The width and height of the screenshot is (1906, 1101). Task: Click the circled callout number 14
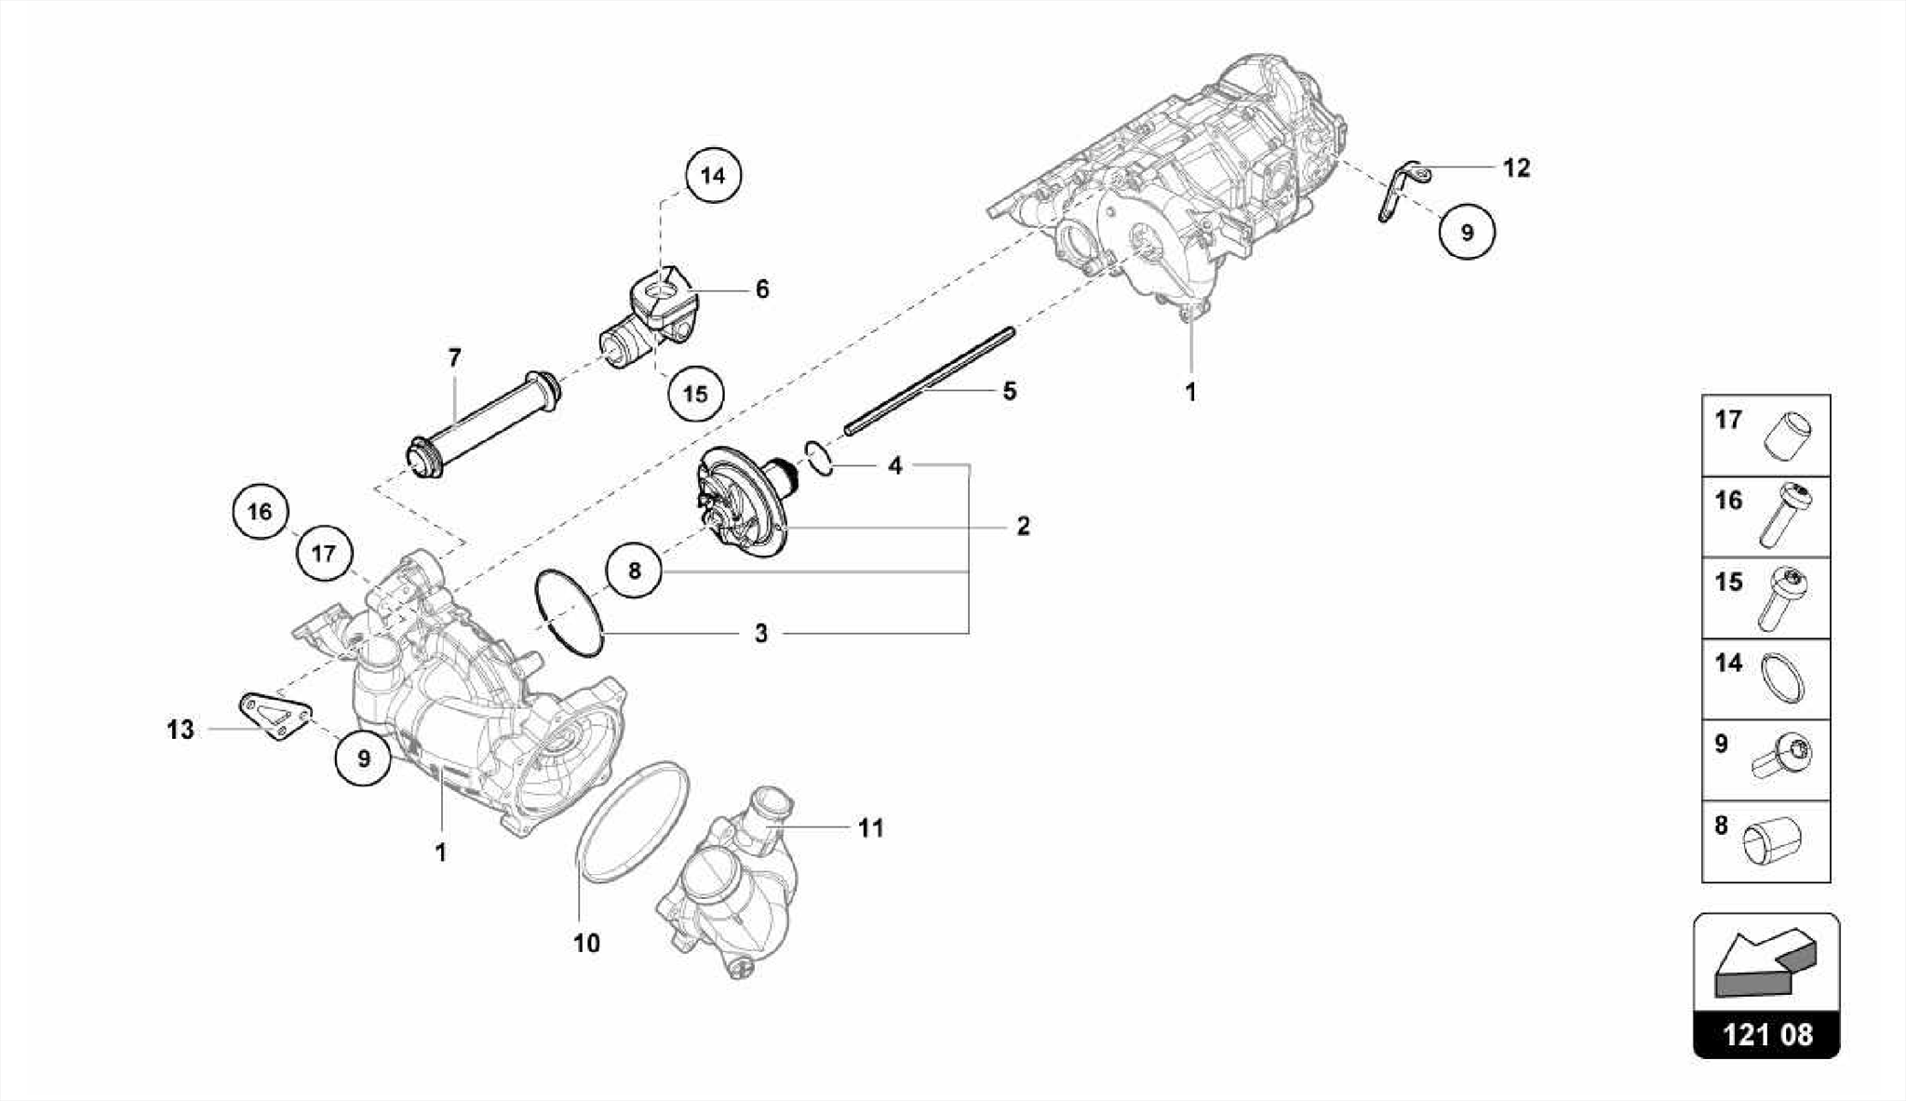(x=713, y=175)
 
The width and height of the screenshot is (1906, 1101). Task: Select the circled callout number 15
(x=695, y=394)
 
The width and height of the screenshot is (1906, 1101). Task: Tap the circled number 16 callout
(x=260, y=511)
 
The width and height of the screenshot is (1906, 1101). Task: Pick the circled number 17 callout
(x=323, y=554)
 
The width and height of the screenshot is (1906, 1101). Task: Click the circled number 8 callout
(x=634, y=570)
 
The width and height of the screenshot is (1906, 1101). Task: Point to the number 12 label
(x=1516, y=168)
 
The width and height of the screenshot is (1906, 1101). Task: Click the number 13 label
(x=181, y=730)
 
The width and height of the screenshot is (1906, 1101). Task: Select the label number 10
(x=586, y=943)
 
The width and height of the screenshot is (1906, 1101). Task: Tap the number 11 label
(x=870, y=827)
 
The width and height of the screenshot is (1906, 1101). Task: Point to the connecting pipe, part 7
(x=484, y=423)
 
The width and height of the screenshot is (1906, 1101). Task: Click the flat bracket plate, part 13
(x=275, y=717)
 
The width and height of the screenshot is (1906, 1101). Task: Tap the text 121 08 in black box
(x=1766, y=1035)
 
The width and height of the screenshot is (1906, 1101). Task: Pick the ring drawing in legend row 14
(x=1782, y=678)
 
